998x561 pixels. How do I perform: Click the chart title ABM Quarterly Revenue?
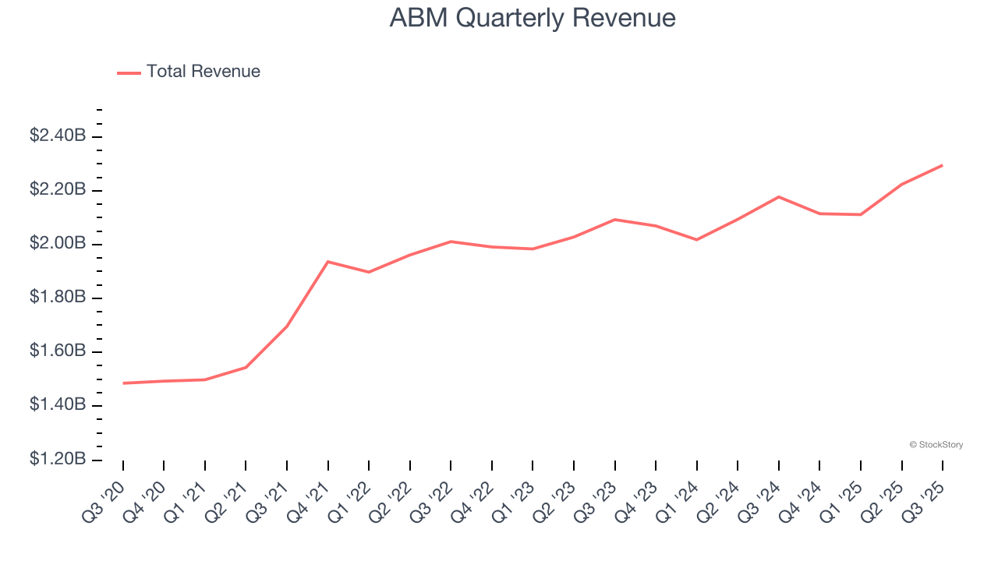click(x=533, y=18)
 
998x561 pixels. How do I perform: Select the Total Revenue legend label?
click(x=203, y=72)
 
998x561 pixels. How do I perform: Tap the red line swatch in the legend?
click(x=129, y=72)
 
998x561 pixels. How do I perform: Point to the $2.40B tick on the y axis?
click(x=58, y=136)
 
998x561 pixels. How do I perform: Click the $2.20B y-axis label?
click(x=58, y=190)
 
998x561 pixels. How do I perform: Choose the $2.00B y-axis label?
click(x=58, y=244)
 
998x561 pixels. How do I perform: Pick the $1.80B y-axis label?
click(x=58, y=298)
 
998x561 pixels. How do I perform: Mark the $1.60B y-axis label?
click(x=58, y=351)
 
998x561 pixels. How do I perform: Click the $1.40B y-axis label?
click(x=58, y=405)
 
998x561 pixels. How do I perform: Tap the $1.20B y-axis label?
click(x=58, y=459)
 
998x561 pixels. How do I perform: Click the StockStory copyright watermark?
click(x=936, y=445)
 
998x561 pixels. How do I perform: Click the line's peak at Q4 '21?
click(x=328, y=262)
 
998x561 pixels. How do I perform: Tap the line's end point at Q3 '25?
click(x=943, y=165)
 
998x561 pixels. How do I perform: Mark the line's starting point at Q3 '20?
click(x=123, y=383)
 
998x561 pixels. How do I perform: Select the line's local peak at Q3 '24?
click(x=779, y=196)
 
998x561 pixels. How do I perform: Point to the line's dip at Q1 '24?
click(x=696, y=240)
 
